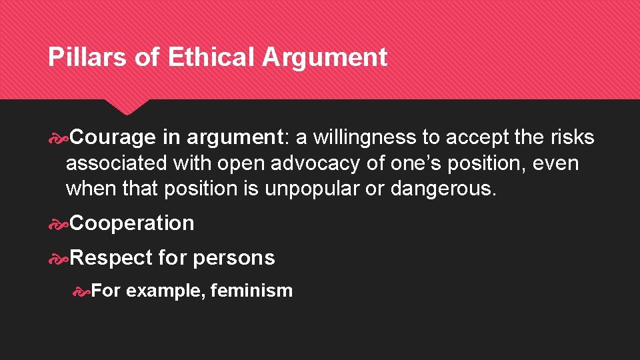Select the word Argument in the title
(x=324, y=57)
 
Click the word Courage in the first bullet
(x=113, y=137)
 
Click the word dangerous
(x=443, y=189)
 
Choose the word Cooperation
(x=132, y=223)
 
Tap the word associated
(x=117, y=163)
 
